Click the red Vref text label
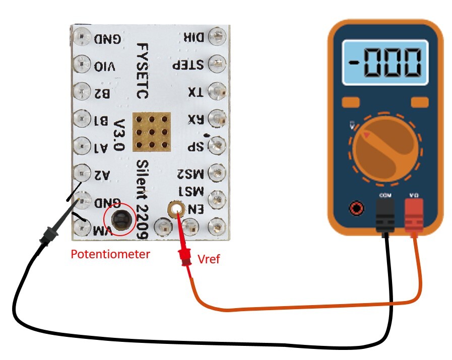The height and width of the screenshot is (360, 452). [209, 260]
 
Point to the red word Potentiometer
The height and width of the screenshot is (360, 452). [110, 254]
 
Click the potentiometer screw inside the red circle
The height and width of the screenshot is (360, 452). [120, 220]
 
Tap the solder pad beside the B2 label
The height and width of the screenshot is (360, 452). [81, 92]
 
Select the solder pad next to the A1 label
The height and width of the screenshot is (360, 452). [81, 146]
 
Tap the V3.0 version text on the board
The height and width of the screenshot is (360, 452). [119, 136]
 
